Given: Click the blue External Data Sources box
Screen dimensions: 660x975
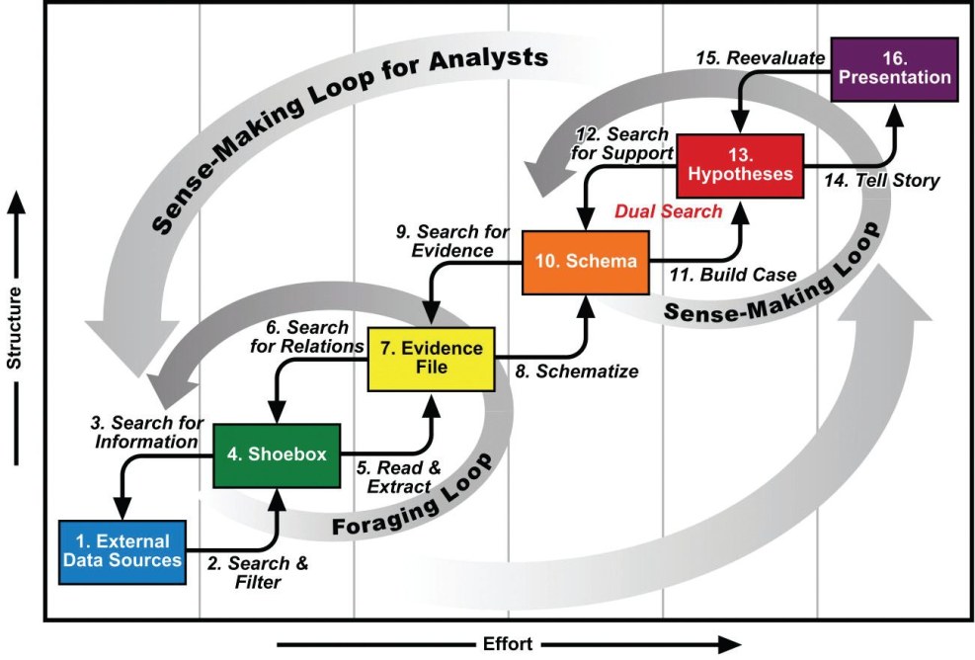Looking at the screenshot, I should click(122, 550).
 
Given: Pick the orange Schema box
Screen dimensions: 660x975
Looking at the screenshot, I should click(585, 262).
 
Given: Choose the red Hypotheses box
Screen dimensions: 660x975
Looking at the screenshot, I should click(739, 164).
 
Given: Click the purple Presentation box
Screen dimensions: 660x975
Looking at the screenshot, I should click(894, 68).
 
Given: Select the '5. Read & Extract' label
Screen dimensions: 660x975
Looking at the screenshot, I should click(393, 476).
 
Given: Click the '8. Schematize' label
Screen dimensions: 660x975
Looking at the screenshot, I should click(577, 371).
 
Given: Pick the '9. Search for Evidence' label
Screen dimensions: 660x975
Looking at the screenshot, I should click(451, 241).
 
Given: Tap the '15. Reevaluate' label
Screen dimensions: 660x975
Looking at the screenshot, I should click(774, 58).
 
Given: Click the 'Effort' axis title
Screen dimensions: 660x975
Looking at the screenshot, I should click(508, 644).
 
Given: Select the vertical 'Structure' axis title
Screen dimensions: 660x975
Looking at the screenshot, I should click(15, 325).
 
